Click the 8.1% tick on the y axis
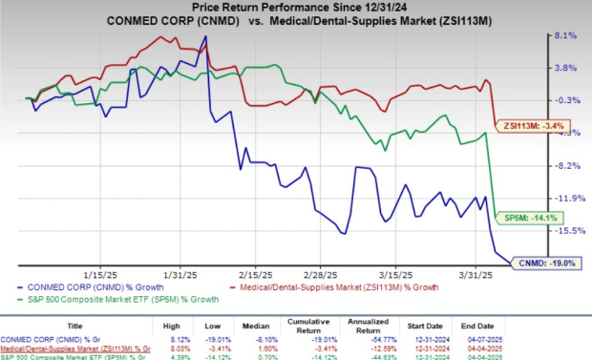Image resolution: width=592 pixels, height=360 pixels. pyautogui.click(x=565, y=35)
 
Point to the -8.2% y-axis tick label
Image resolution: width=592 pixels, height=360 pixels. pyautogui.click(x=564, y=165)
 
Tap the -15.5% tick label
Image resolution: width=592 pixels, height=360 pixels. pyautogui.click(x=566, y=230)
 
